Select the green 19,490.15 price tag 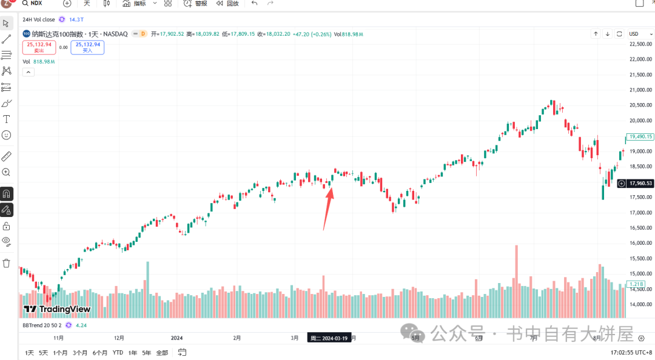point(640,137)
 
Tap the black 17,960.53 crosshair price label point(640,183)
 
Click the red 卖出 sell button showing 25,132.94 point(39,47)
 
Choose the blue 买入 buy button point(87,47)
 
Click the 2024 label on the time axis point(176,338)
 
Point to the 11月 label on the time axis point(59,338)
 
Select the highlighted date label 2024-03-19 point(327,338)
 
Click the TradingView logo point(57,309)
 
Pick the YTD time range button point(118,352)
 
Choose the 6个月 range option point(100,352)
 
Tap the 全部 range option point(162,352)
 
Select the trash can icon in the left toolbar point(7,263)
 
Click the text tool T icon point(7,119)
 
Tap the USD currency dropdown point(637,34)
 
